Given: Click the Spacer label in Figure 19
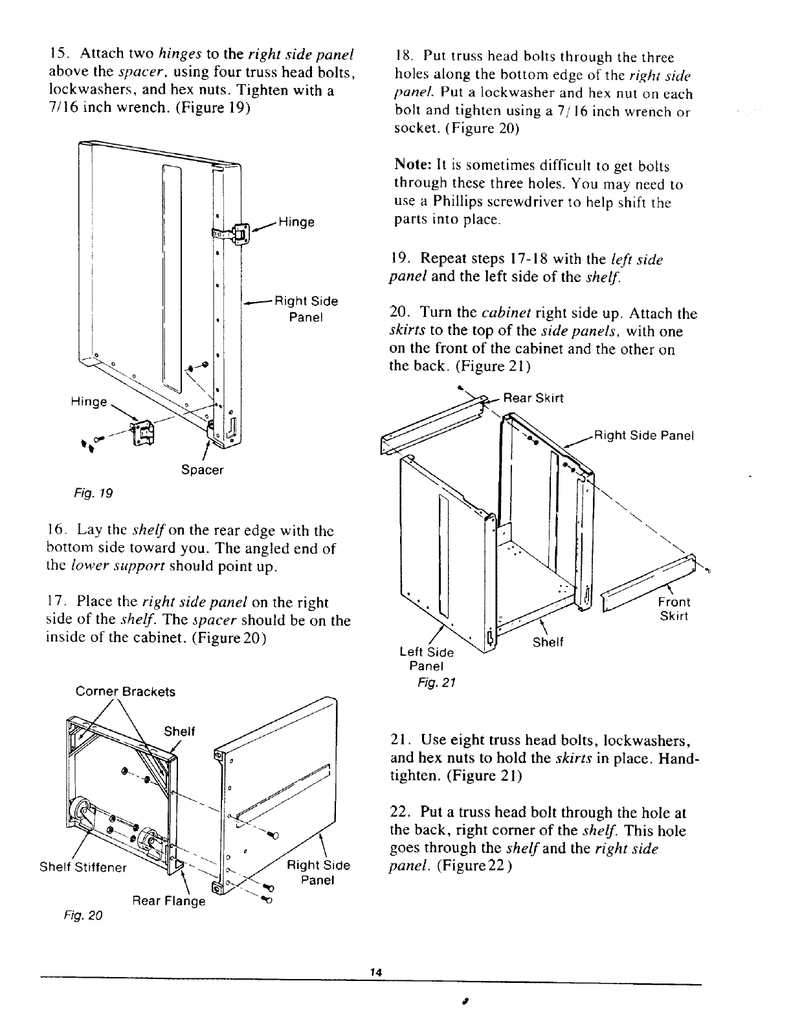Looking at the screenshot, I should coord(202,470).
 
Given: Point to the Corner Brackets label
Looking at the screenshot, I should coord(126,691).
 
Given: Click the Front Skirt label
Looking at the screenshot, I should coord(674,608).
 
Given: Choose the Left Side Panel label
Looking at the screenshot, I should coord(427,658).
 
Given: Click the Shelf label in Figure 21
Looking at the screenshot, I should coord(548,642).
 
